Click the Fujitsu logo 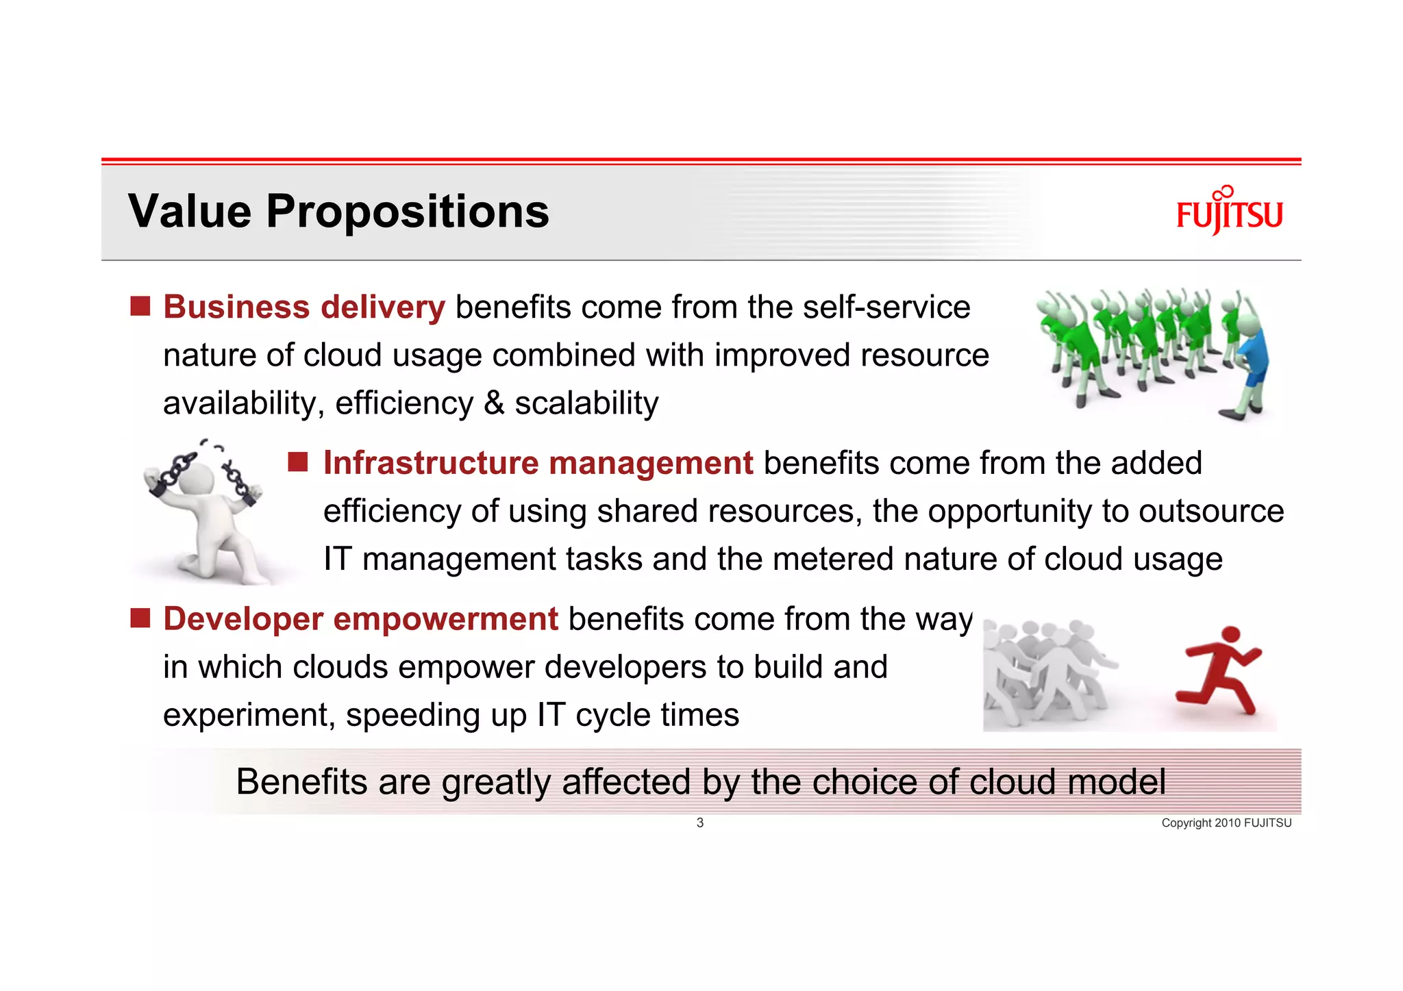1229,212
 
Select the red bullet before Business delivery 140,306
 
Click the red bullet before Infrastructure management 298,462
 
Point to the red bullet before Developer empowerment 140,618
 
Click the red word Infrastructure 431,463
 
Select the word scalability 586,403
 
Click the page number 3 699,823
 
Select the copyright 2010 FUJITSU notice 1226,823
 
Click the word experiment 248,715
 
